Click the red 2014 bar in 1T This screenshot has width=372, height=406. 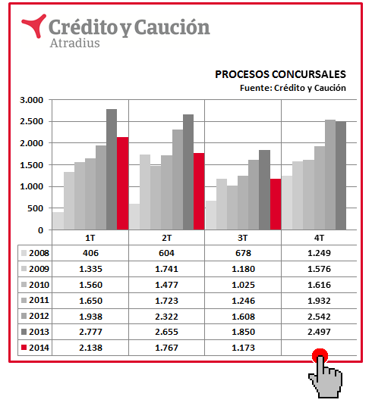click(122, 183)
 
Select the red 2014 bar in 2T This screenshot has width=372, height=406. click(199, 192)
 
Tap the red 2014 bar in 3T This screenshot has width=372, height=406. click(276, 205)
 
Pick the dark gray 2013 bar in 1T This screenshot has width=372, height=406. click(112, 170)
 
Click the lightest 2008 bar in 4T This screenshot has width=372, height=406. click(287, 203)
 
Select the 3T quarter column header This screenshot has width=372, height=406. click(243, 238)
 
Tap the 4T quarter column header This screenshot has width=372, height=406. click(319, 238)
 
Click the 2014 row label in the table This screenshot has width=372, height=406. click(39, 348)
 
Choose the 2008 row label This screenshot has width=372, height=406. click(39, 253)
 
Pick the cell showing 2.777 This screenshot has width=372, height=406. click(90, 332)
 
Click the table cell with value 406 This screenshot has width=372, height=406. click(90, 253)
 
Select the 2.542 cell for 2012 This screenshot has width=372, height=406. click(319, 317)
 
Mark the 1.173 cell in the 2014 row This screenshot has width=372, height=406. click(243, 348)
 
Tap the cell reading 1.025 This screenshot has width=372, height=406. click(243, 285)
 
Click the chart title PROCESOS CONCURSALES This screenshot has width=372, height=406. click(280, 74)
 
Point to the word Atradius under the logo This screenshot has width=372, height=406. click(74, 43)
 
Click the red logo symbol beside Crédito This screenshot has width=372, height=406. click(33, 26)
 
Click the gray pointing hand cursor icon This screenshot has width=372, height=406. click(326, 377)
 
